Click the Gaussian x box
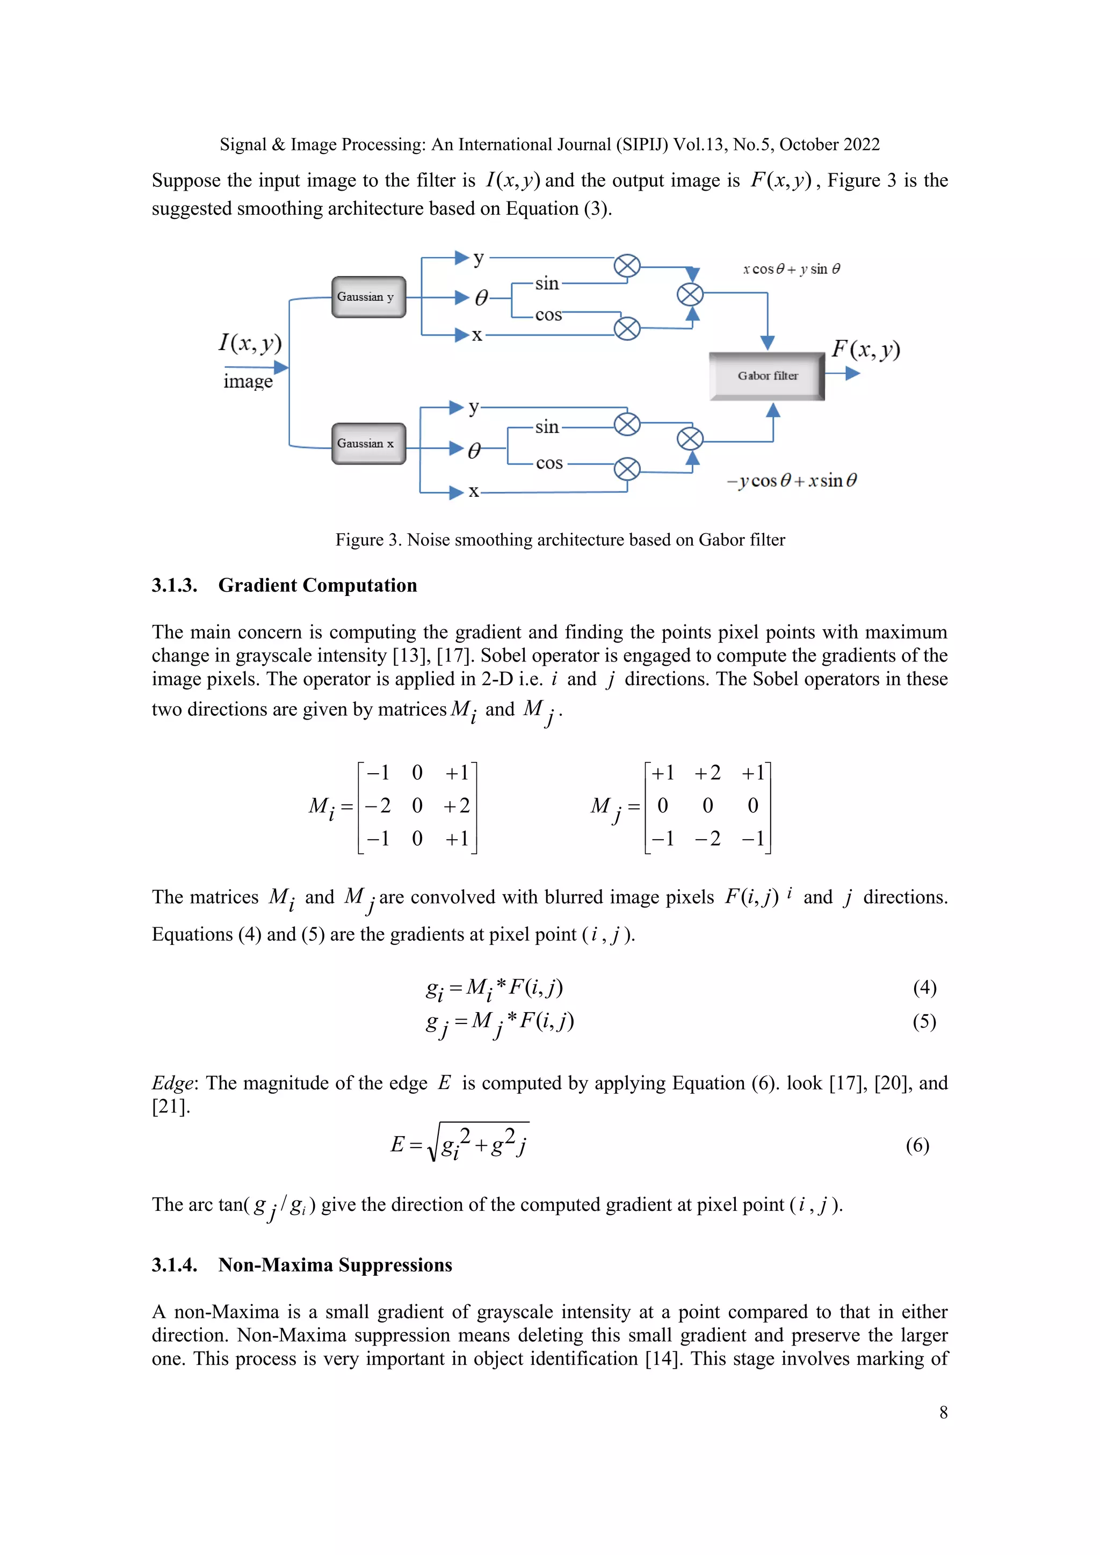pyautogui.click(x=368, y=444)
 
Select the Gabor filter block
pyautogui.click(x=767, y=376)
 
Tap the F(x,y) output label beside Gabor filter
pyautogui.click(x=866, y=350)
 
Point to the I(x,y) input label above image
pyautogui.click(x=250, y=343)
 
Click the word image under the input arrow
pyautogui.click(x=248, y=381)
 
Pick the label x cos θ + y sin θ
pyautogui.click(x=791, y=269)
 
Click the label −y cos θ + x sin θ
pyautogui.click(x=791, y=481)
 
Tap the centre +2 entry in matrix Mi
pyautogui.click(x=457, y=805)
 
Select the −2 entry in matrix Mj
pyautogui.click(x=707, y=839)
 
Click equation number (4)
pyautogui.click(x=924, y=987)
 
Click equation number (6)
pyautogui.click(x=917, y=1145)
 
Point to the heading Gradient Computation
pyautogui.click(x=317, y=585)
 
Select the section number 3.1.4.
pyautogui.click(x=174, y=1265)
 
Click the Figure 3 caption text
pyautogui.click(x=560, y=540)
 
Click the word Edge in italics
pyautogui.click(x=172, y=1083)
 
